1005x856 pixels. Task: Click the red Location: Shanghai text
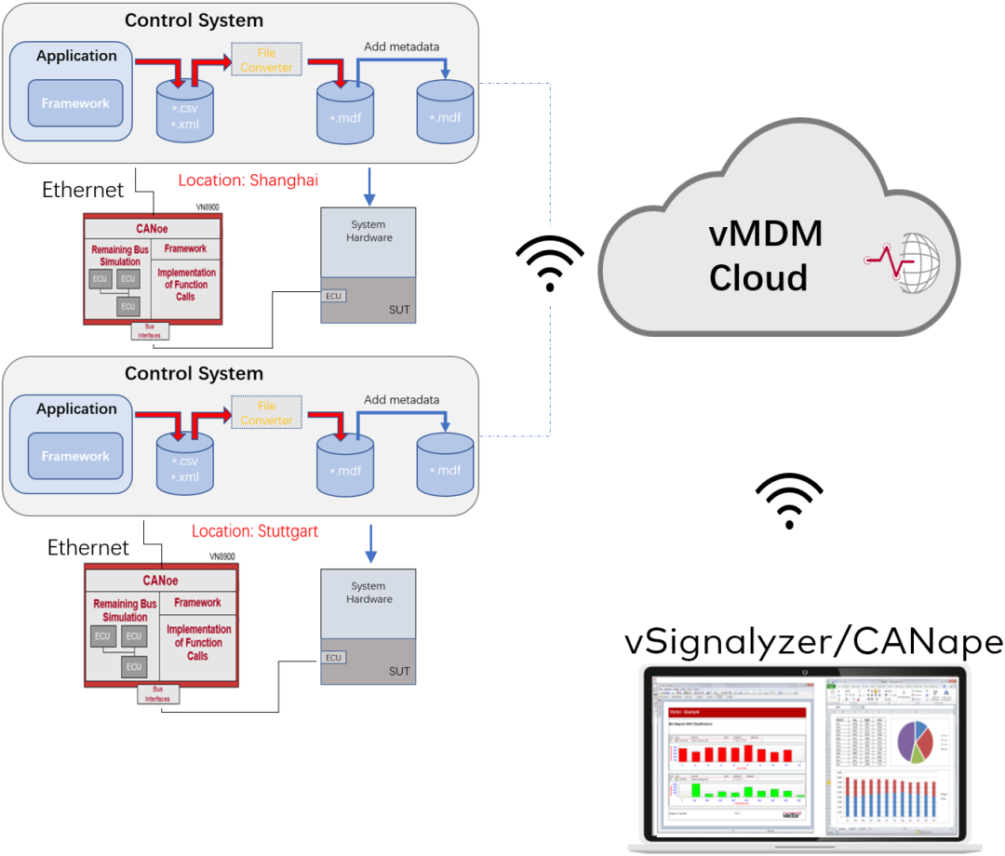pos(248,181)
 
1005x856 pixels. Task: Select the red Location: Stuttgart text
pos(255,531)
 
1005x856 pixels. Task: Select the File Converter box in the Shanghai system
pos(266,60)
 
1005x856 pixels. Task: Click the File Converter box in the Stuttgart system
pos(266,413)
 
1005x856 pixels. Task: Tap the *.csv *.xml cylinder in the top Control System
pos(185,114)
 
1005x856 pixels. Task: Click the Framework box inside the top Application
pos(75,103)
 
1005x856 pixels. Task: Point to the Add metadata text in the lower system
pos(401,400)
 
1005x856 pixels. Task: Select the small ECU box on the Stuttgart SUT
pos(333,657)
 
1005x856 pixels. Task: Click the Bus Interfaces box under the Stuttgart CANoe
pos(159,694)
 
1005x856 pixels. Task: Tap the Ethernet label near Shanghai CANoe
pos(83,191)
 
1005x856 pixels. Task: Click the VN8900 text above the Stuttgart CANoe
pos(221,556)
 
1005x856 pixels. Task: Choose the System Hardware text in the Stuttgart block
pos(369,593)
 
